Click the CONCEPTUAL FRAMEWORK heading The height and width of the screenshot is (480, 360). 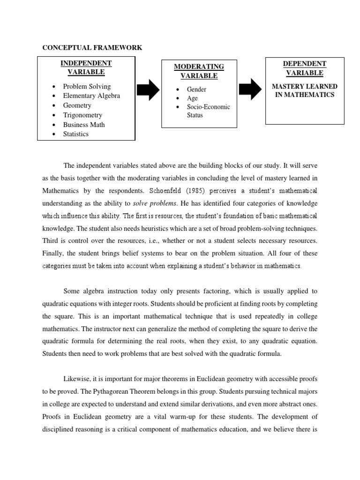coord(92,48)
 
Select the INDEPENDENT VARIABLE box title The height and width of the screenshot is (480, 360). coord(85,67)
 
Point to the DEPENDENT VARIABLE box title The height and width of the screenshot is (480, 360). coord(305,68)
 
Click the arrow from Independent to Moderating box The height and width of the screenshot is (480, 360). coord(148,90)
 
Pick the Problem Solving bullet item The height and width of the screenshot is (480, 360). coord(87,86)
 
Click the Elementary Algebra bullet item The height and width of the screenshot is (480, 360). coord(91,96)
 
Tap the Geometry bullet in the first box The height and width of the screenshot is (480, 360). coord(77,105)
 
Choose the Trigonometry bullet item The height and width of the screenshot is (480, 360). coord(82,115)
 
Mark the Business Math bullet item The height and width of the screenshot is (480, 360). coord(84,125)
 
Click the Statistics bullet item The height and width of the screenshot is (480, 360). coord(76,134)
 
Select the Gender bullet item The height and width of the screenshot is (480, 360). coord(196,89)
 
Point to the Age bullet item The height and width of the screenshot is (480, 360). coord(192,98)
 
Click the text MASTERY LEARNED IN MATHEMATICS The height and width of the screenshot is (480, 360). coord(305,90)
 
